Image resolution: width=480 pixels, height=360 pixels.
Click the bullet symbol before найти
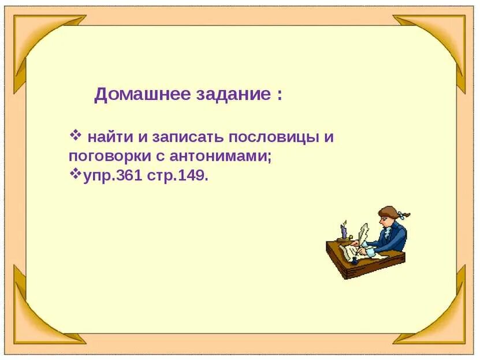pos(75,136)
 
